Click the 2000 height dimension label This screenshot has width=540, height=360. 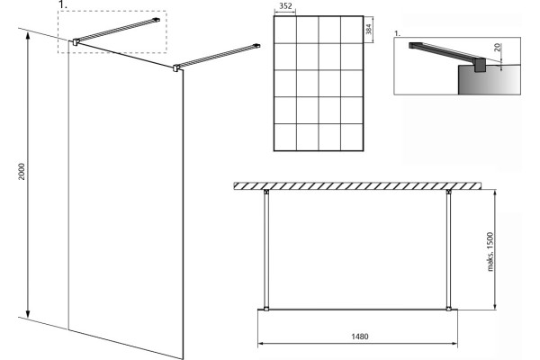22,171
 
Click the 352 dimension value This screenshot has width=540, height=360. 285,6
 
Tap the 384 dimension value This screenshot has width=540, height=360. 369,29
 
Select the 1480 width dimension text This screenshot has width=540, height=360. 359,337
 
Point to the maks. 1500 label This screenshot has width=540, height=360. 490,251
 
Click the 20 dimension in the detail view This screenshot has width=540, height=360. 498,47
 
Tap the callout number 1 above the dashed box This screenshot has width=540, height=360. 61,4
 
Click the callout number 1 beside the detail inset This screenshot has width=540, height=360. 398,33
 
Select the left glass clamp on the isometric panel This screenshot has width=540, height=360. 76,42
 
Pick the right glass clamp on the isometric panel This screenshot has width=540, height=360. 176,67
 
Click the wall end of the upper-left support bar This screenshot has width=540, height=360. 157,20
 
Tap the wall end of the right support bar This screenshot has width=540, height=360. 256,46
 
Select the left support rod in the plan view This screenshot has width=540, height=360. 266,250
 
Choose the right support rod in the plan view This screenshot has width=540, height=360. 449,250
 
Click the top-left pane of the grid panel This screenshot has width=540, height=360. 285,30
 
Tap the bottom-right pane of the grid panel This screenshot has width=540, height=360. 352,137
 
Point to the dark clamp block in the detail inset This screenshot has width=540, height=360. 480,66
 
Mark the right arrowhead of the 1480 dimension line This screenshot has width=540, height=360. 454,343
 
